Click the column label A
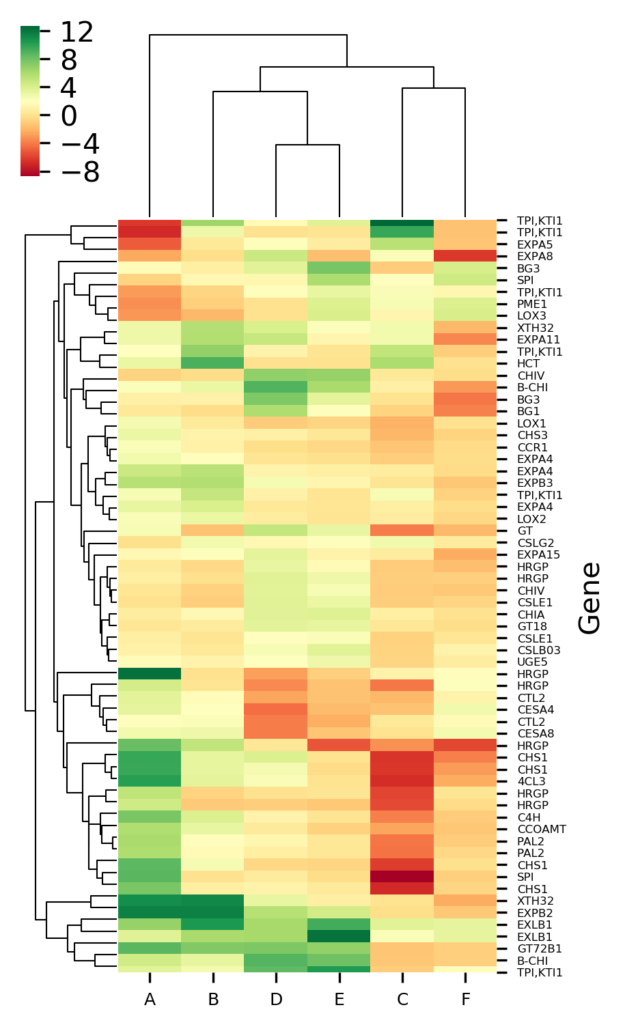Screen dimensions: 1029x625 [150, 1000]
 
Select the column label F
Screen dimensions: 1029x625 [465, 1000]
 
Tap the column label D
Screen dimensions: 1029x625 [276, 1000]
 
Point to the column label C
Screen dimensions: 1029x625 [402, 1000]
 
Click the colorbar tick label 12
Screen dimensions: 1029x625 [77, 32]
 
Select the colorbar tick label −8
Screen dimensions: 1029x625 [80, 172]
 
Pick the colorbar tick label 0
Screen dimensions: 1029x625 [68, 116]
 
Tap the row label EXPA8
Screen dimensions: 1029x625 [535, 257]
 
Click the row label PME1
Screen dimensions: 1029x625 [532, 305]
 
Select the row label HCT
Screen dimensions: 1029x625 [528, 364]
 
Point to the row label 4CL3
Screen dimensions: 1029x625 [531, 781]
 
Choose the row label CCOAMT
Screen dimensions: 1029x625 [542, 829]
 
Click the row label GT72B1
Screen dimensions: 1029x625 [539, 948]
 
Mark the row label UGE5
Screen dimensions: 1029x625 [532, 662]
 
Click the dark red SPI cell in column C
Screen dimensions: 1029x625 [402, 877]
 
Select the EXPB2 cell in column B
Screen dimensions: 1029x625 [213, 913]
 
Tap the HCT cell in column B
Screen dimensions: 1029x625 [213, 364]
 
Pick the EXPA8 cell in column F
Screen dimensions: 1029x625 [465, 257]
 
